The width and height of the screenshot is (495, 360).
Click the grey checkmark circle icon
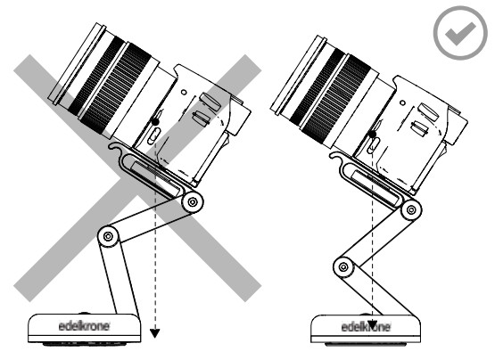(x=460, y=32)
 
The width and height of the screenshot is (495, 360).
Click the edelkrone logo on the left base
(x=84, y=325)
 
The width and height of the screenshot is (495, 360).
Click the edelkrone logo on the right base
(x=366, y=327)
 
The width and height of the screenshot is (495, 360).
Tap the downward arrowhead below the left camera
(x=154, y=333)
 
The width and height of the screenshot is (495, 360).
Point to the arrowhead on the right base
(x=373, y=324)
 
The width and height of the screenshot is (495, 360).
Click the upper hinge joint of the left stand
(x=193, y=202)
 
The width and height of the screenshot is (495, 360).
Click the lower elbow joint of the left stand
(x=108, y=236)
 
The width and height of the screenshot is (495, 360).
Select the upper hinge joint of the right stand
(x=410, y=209)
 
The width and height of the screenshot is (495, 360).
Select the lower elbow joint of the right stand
(x=343, y=267)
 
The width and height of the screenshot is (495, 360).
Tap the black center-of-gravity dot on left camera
(x=154, y=121)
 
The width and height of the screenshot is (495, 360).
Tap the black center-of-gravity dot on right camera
(x=373, y=134)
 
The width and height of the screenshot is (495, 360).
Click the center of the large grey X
(x=137, y=178)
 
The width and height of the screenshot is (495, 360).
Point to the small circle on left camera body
(x=184, y=93)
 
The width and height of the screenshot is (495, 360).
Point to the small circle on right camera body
(x=402, y=102)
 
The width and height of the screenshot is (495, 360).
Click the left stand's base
(x=85, y=328)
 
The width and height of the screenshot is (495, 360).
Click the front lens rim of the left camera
(x=77, y=64)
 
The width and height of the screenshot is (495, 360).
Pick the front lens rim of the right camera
(x=298, y=76)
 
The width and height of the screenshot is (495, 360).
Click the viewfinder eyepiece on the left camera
(x=241, y=117)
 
